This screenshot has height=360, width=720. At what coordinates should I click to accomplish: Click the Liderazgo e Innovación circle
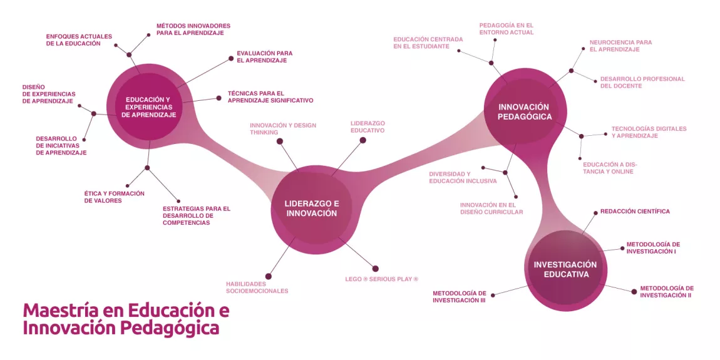point(311,208)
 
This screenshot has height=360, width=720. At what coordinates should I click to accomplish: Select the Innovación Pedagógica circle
point(525,111)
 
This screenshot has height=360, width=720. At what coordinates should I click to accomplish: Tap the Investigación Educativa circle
point(565,269)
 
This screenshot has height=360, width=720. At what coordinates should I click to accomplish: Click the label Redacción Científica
point(635,212)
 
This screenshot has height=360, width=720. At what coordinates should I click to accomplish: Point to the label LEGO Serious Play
point(381,279)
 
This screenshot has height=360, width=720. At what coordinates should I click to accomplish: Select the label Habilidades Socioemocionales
point(257,287)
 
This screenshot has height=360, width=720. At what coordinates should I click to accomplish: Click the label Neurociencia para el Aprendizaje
point(620,46)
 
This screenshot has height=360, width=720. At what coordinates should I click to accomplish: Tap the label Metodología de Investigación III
point(459,297)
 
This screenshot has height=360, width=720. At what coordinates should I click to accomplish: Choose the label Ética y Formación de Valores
point(114,197)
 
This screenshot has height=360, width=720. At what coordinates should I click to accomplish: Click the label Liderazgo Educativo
point(368,127)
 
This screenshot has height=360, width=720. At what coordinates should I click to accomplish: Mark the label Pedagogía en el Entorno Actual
point(506,29)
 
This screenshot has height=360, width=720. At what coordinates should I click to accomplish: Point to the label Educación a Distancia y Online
point(609,168)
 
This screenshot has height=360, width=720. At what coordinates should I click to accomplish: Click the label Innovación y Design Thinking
point(282,129)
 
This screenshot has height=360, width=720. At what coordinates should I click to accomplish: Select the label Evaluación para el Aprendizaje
point(264,57)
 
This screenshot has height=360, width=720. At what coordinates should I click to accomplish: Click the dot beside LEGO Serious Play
point(375,269)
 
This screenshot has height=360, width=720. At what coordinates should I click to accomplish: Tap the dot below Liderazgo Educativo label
point(362,140)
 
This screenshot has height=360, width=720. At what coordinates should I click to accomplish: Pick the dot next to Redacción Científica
point(594,212)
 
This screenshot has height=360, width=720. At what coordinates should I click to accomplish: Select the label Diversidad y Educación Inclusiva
point(462,177)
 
